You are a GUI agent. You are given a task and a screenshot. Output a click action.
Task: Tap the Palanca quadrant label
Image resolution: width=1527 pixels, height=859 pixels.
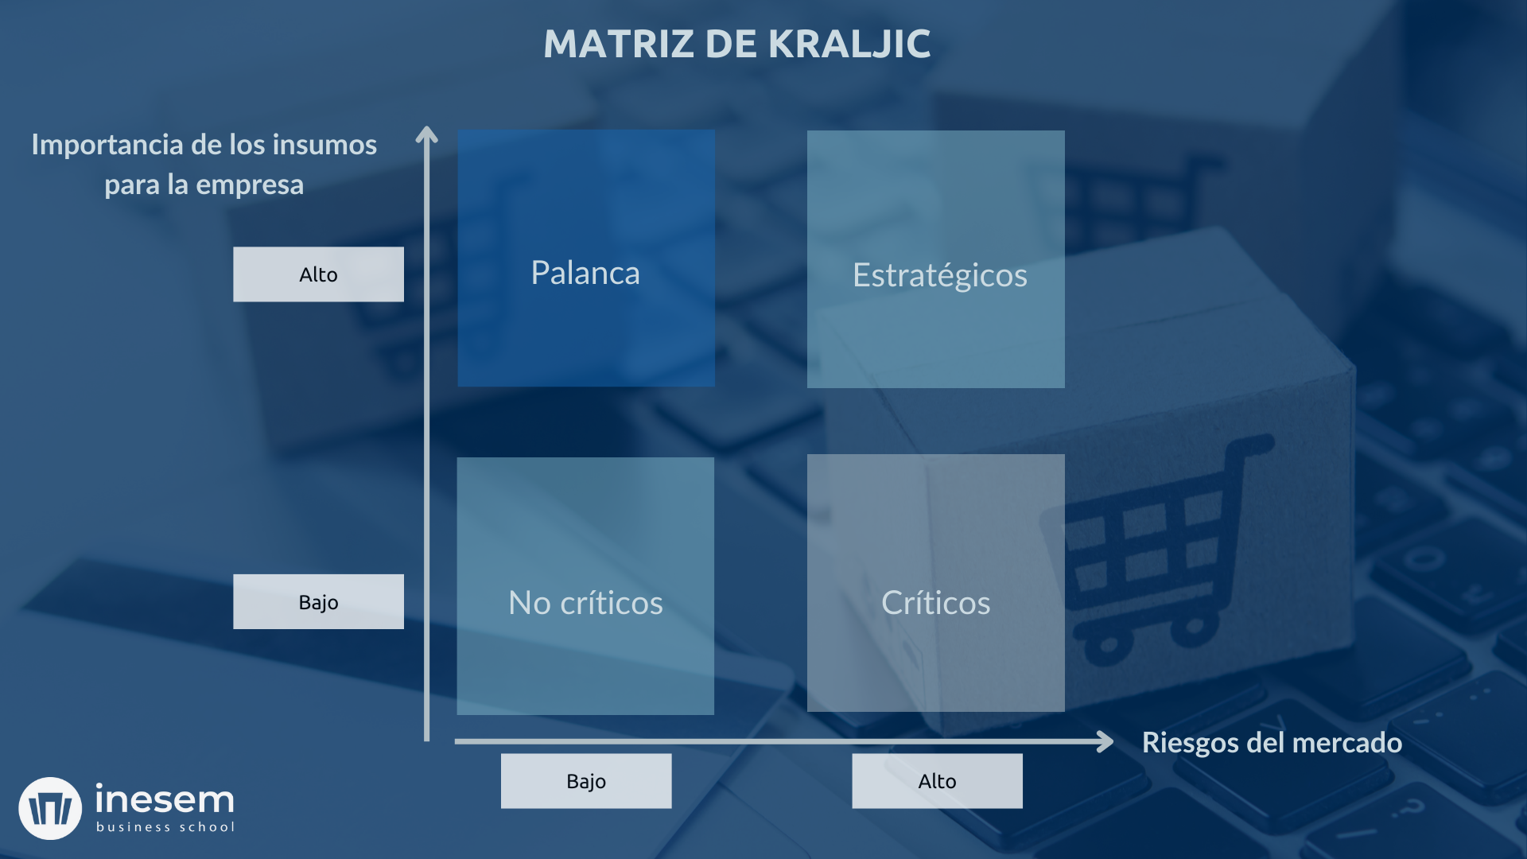click(585, 273)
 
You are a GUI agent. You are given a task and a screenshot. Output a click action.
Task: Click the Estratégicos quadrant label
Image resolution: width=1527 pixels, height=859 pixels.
click(939, 275)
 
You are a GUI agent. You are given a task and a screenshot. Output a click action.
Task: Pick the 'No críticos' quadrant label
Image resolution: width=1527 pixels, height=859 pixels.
click(585, 603)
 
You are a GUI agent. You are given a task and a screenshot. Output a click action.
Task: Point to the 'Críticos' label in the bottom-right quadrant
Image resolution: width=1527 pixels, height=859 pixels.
click(935, 603)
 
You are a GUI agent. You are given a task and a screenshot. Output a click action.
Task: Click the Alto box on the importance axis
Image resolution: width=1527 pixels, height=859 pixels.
click(318, 274)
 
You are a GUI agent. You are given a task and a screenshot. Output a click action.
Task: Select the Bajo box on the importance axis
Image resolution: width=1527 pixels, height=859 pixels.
click(318, 602)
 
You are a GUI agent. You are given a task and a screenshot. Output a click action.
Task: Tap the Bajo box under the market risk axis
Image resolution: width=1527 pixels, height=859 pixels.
click(586, 781)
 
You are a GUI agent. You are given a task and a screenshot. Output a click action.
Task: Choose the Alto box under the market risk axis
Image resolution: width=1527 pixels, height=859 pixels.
click(937, 781)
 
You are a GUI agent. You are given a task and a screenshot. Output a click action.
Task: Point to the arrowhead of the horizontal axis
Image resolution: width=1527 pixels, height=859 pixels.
click(1105, 741)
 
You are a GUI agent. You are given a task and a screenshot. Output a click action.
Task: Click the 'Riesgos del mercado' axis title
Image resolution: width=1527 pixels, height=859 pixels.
click(1272, 742)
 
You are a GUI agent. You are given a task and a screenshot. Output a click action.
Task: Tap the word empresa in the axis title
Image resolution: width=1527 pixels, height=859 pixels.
click(250, 185)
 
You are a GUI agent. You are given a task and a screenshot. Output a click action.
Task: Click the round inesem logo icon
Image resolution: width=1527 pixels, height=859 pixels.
click(50, 808)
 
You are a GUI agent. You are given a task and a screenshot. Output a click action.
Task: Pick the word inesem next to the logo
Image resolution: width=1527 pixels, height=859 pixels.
click(165, 799)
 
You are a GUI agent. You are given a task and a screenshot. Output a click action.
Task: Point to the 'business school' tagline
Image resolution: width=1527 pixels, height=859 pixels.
click(165, 827)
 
